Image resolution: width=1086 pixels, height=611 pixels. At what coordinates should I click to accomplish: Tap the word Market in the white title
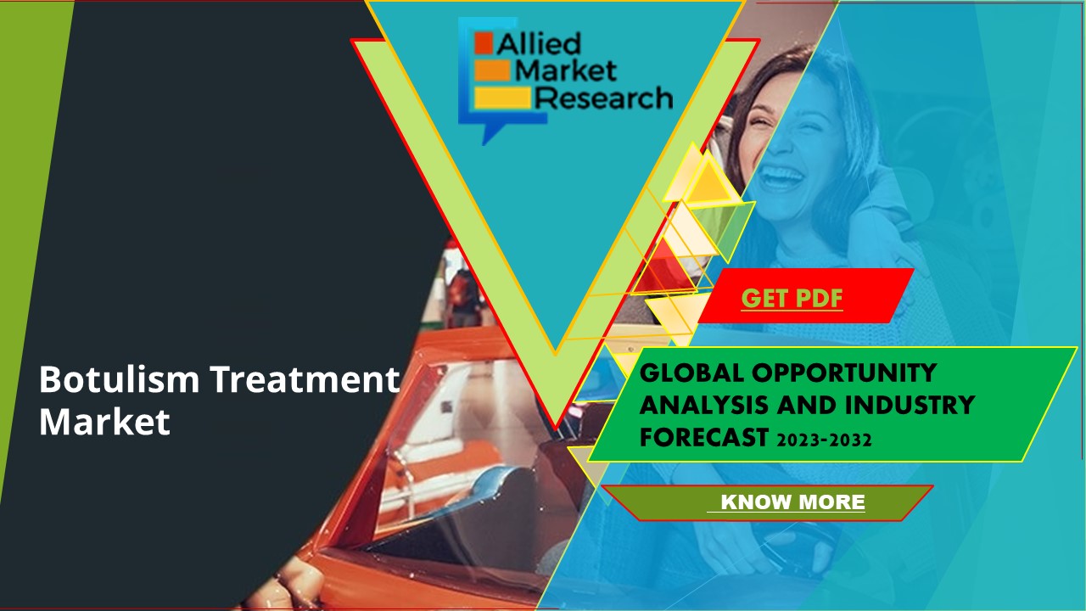pyautogui.click(x=104, y=422)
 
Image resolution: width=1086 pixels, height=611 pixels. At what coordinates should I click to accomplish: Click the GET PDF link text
pyautogui.click(x=792, y=298)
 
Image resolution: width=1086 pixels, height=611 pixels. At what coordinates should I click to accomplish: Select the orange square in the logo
pyautogui.click(x=484, y=42)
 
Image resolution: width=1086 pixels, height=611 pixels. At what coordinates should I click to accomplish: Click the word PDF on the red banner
pyautogui.click(x=818, y=298)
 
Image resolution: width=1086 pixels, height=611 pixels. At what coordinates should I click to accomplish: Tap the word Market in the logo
pyautogui.click(x=567, y=70)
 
